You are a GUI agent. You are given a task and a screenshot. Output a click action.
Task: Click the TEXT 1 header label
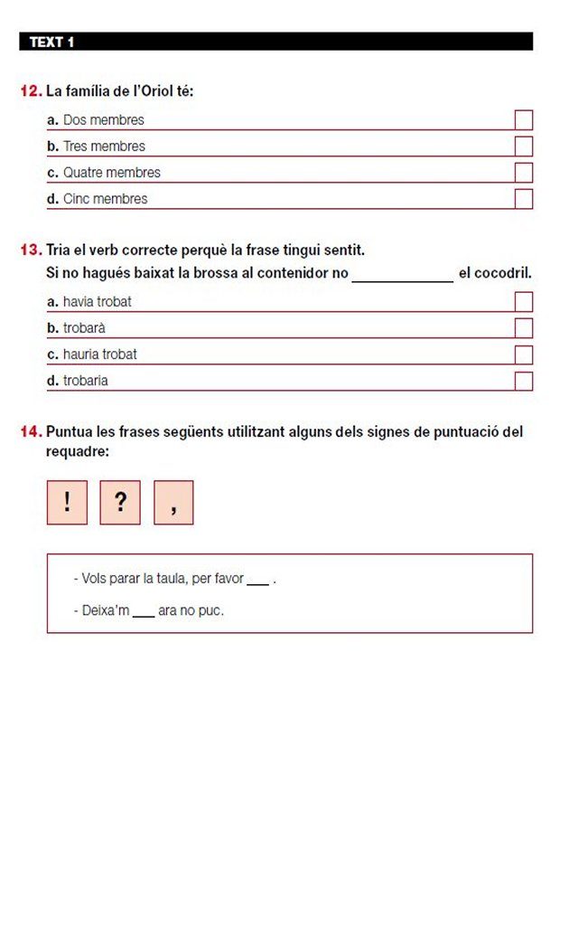51,42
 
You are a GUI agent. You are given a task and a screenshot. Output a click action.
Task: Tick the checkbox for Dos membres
524,120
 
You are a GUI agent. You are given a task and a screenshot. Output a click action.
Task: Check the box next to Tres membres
524,146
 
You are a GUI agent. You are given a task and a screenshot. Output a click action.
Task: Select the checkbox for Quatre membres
524,173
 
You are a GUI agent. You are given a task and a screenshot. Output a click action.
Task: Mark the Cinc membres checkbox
524,199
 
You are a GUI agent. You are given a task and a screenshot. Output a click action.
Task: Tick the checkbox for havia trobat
524,302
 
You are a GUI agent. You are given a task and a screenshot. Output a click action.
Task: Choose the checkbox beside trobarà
524,328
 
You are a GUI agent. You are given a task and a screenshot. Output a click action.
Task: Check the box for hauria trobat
524,354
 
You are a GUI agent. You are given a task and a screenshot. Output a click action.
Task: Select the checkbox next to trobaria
524,381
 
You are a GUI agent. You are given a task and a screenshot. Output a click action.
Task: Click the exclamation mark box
67,503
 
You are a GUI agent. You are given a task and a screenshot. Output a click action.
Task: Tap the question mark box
120,503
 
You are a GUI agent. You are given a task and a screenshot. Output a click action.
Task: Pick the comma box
173,503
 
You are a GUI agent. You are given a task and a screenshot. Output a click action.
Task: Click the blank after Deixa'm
144,612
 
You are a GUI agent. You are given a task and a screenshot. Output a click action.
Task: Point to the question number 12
31,91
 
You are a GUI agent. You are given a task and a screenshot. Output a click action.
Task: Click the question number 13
31,250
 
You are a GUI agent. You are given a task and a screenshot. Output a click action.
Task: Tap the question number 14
31,432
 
